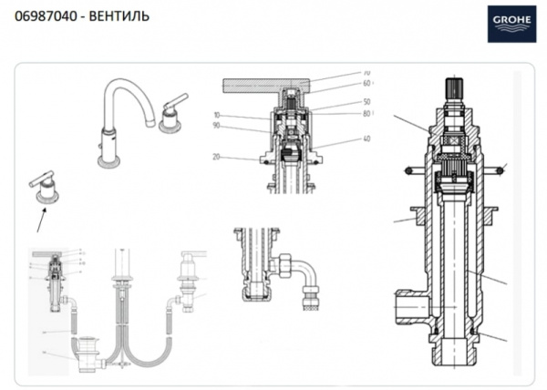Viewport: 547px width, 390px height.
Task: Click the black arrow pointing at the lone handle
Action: click(x=40, y=218)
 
